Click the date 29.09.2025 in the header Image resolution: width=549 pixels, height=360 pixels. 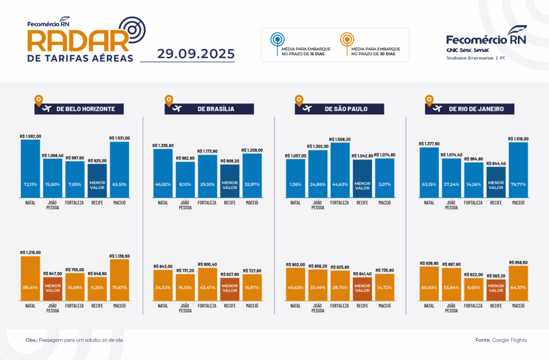click(x=196, y=54)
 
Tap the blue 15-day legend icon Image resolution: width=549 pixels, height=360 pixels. click(x=276, y=40)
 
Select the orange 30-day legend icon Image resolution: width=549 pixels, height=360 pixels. click(x=346, y=40)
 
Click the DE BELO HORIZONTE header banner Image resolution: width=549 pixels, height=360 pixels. click(x=79, y=109)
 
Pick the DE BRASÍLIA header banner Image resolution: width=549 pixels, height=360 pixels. click(x=209, y=109)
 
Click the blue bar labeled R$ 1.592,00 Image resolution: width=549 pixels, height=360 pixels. click(x=31, y=168)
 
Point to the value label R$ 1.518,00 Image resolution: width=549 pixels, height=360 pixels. click(x=518, y=138)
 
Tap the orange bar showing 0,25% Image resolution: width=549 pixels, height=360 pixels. click(x=98, y=288)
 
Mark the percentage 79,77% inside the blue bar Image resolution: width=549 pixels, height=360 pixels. click(x=518, y=184)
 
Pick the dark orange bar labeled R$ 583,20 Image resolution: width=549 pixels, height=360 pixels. click(x=496, y=289)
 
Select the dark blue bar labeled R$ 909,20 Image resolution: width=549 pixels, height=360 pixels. click(x=229, y=181)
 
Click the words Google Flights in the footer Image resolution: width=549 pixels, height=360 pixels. click(x=509, y=340)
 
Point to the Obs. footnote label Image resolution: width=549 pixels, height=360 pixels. click(x=31, y=340)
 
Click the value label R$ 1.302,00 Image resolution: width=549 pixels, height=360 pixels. click(x=317, y=146)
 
